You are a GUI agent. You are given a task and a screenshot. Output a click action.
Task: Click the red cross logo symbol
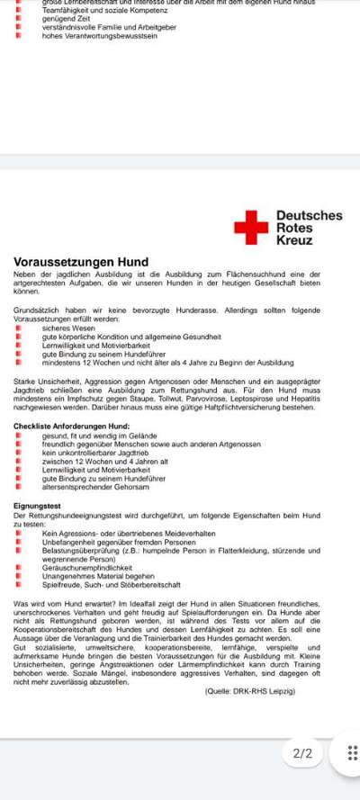(x=251, y=228)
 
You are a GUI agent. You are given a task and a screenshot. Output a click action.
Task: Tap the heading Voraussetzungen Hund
(x=81, y=262)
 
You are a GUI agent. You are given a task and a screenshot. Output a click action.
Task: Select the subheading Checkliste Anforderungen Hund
(x=72, y=426)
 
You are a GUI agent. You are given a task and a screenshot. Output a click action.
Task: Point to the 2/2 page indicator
(x=303, y=753)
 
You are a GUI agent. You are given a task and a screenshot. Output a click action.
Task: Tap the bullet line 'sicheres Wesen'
(x=67, y=328)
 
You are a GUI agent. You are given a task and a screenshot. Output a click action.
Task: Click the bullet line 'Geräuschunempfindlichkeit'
(x=87, y=568)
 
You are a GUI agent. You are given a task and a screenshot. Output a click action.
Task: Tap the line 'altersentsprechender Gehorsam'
(x=95, y=487)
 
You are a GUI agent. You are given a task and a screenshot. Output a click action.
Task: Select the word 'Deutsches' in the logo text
(x=309, y=216)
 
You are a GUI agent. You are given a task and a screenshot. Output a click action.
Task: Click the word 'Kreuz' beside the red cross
(x=294, y=241)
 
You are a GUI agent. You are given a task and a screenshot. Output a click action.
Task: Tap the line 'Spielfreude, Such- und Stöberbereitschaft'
(x=111, y=585)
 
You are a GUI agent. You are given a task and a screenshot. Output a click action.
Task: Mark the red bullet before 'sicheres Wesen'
(x=18, y=328)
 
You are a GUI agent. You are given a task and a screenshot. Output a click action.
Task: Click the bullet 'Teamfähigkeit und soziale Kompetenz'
(x=99, y=10)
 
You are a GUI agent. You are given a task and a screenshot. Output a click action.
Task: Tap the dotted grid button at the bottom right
(x=352, y=753)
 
